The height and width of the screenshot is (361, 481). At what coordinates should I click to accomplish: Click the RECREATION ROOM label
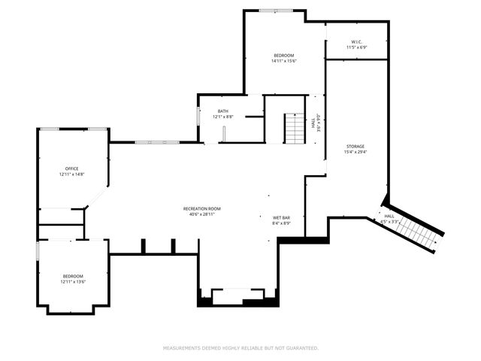pyautogui.click(x=202, y=208)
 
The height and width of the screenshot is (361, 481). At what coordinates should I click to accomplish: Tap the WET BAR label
pyautogui.click(x=281, y=217)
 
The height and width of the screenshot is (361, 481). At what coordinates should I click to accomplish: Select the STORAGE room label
pyautogui.click(x=355, y=146)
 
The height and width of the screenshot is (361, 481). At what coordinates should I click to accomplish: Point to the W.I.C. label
pyautogui.click(x=356, y=41)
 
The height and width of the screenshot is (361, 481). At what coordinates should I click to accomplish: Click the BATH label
pyautogui.click(x=223, y=111)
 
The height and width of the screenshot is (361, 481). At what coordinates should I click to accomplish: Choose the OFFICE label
pyautogui.click(x=71, y=168)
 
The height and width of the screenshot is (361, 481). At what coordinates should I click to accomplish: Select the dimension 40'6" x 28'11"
pyautogui.click(x=202, y=214)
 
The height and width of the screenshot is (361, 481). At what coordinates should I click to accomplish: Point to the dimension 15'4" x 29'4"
pyautogui.click(x=355, y=152)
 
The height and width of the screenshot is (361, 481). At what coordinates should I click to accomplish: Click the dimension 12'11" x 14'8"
pyautogui.click(x=71, y=174)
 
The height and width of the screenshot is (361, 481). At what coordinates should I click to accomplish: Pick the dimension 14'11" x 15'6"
pyautogui.click(x=283, y=62)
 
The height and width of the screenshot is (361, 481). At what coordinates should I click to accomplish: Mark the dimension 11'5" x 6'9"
pyautogui.click(x=356, y=47)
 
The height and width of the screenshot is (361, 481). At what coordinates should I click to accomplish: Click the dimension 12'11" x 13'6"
pyautogui.click(x=73, y=282)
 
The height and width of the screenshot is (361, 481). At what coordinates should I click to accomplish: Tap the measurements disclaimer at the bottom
pyautogui.click(x=240, y=348)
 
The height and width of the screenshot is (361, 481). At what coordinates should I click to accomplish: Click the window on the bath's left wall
pyautogui.click(x=198, y=115)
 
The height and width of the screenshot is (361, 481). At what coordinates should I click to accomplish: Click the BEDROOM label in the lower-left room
pyautogui.click(x=73, y=276)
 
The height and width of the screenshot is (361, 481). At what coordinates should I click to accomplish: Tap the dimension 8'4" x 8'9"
pyautogui.click(x=281, y=223)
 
